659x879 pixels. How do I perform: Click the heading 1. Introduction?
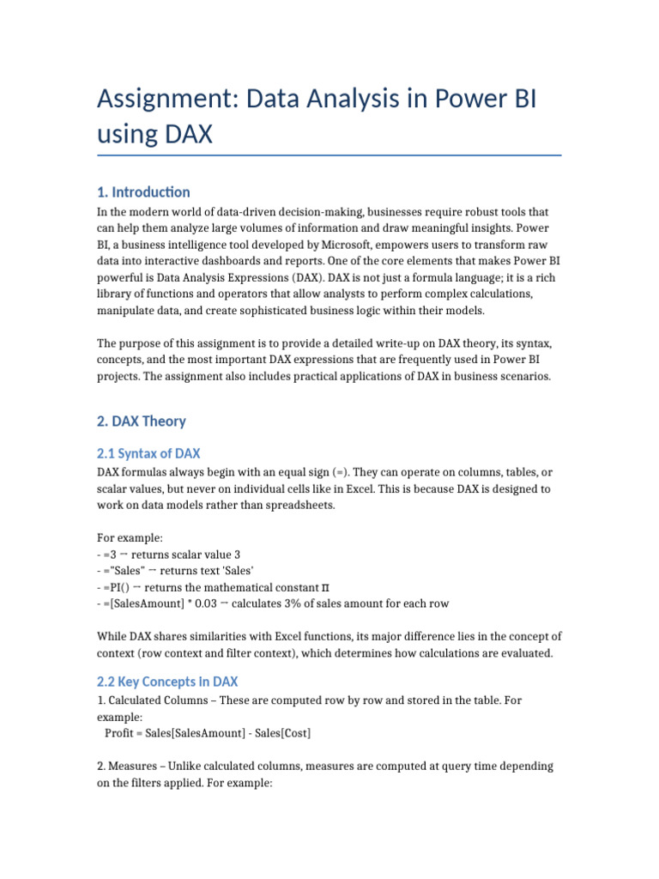143,191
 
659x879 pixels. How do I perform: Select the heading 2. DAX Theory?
142,421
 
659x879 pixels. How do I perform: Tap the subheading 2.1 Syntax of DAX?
148,453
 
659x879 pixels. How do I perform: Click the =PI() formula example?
124,586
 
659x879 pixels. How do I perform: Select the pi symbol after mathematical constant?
324,586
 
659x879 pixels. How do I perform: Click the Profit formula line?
208,733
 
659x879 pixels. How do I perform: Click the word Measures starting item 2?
133,766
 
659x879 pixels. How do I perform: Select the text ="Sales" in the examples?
127,570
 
